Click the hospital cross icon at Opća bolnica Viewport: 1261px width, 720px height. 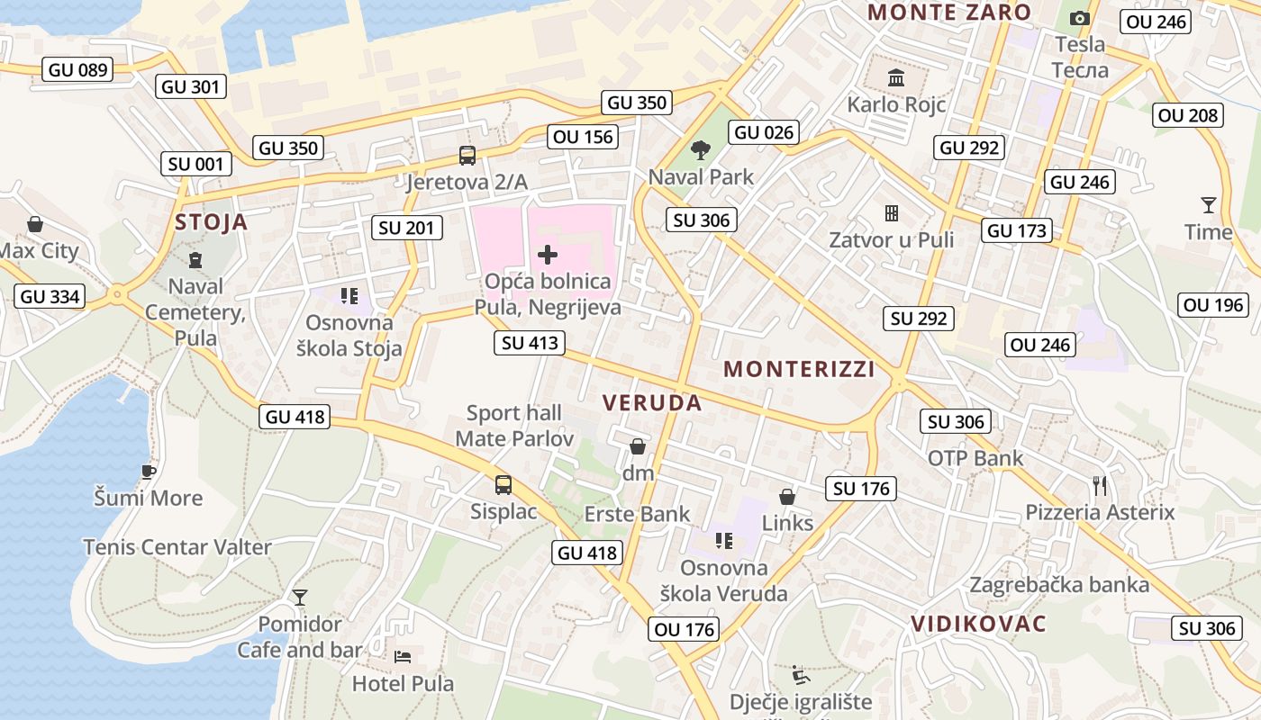point(547,255)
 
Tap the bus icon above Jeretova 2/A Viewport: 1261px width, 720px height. point(467,156)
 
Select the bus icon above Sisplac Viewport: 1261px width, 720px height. point(503,485)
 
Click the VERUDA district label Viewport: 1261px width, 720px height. point(652,402)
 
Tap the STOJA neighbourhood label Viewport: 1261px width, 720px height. point(211,222)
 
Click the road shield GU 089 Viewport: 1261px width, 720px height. point(77,69)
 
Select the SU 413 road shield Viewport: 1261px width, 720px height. point(531,342)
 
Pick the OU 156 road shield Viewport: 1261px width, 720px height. point(584,137)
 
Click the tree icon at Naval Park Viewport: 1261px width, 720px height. point(700,149)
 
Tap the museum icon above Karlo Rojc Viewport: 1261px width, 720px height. point(896,78)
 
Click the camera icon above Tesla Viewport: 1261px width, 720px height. point(1079,18)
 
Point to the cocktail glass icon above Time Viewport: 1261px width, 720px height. point(1208,205)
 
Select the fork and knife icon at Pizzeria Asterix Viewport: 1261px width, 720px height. point(1100,486)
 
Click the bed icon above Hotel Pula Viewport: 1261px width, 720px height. point(403,656)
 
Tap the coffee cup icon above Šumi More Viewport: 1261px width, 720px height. point(149,471)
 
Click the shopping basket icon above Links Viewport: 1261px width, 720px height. point(787,497)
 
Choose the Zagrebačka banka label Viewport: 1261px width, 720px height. point(1059,584)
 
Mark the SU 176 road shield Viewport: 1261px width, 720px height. point(861,489)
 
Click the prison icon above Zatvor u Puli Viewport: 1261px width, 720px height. point(892,213)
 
